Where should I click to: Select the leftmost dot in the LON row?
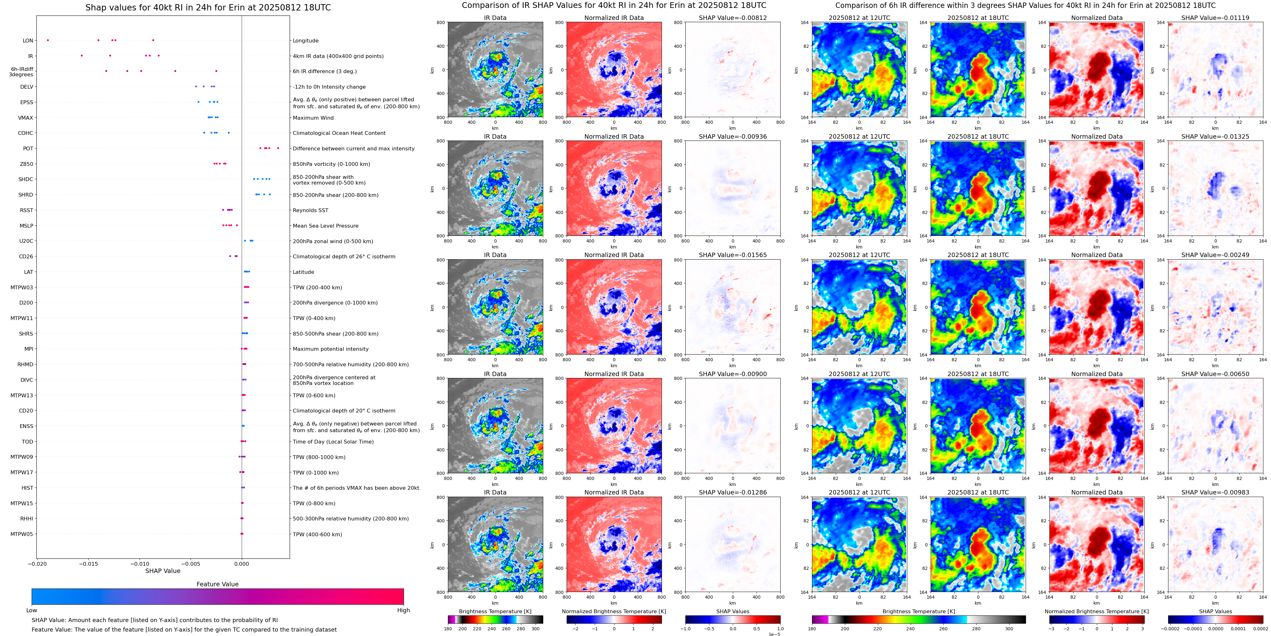point(48,40)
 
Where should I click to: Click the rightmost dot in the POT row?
point(278,148)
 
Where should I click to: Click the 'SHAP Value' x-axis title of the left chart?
point(162,571)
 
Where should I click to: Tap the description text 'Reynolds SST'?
point(310,210)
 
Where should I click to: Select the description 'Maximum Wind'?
point(313,118)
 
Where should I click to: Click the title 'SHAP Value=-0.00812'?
point(733,18)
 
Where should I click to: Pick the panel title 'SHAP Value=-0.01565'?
point(733,255)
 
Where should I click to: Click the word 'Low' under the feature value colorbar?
point(32,610)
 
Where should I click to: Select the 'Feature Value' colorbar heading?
point(217,584)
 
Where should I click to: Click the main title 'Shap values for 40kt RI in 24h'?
point(208,7)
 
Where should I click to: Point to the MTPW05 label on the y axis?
point(22,534)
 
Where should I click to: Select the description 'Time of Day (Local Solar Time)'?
point(333,442)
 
